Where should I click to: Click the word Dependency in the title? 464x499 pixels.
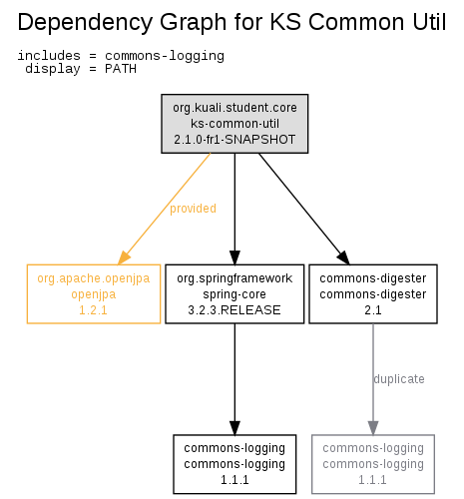(85, 23)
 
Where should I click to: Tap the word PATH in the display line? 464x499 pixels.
(121, 69)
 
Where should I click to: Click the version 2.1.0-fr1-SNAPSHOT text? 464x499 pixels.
(234, 140)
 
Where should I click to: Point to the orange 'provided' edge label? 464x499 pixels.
(193, 209)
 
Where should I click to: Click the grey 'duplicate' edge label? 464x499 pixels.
(399, 379)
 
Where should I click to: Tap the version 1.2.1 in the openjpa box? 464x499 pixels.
(93, 310)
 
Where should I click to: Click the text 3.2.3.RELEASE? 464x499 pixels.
(234, 310)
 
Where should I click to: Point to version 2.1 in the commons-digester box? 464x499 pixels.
(373, 310)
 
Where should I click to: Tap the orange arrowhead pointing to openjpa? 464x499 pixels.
(124, 257)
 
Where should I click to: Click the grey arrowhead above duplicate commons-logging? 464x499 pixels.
(373, 428)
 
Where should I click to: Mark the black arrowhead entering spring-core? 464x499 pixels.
(234, 257)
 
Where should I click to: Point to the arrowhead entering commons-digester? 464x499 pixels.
(344, 257)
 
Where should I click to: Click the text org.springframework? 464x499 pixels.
(234, 278)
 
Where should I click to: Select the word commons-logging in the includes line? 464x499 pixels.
(165, 56)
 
